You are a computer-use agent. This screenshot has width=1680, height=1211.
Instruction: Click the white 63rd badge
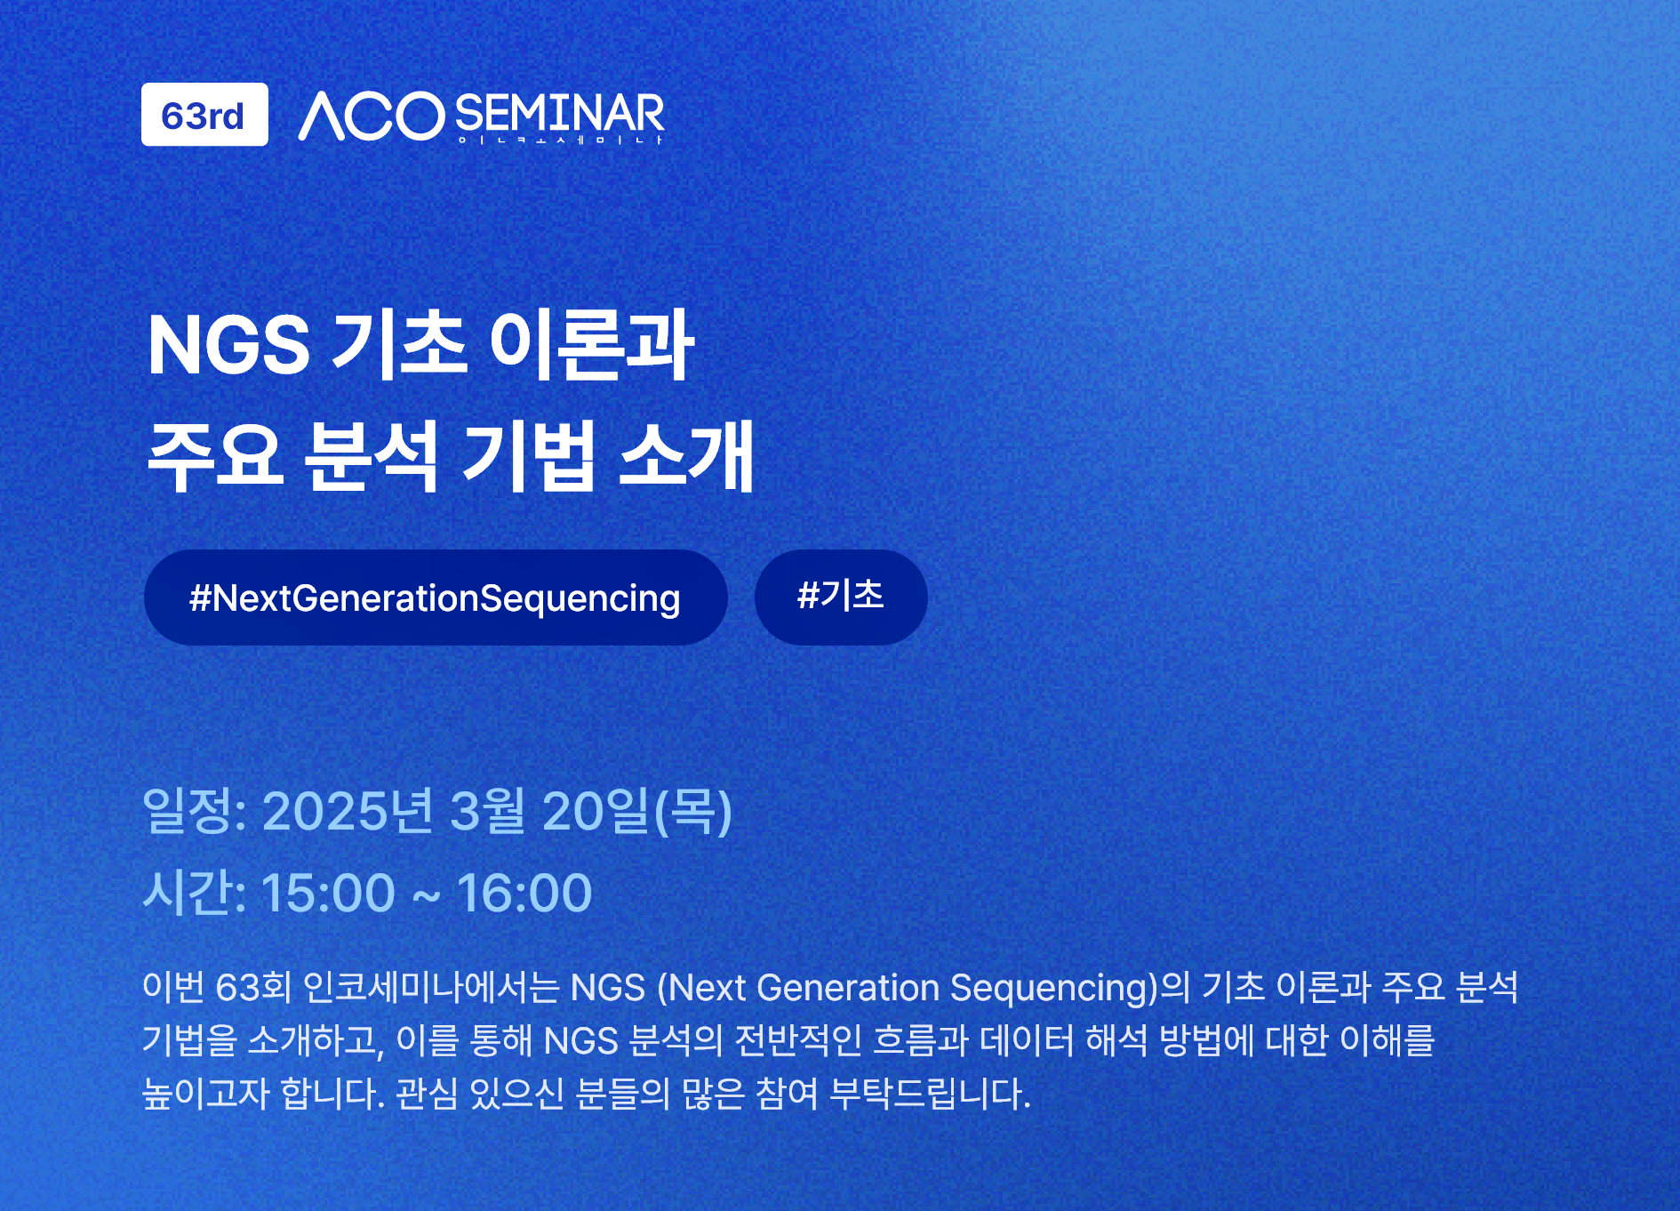point(204,115)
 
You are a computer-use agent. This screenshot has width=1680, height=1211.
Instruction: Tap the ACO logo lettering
point(372,116)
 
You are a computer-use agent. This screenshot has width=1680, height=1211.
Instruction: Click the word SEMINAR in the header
point(560,114)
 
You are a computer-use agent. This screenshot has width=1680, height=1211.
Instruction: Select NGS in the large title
point(229,345)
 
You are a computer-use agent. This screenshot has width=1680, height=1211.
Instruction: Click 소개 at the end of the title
point(686,456)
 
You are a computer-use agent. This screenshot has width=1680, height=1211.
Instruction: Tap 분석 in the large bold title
point(372,456)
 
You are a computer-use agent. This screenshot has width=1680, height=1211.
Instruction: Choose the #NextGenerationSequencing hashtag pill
point(436,597)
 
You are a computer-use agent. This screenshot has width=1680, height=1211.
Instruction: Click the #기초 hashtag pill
point(841,597)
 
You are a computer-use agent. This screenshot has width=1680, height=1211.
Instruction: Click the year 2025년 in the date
point(348,811)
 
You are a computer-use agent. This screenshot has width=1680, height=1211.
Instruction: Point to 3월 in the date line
point(488,811)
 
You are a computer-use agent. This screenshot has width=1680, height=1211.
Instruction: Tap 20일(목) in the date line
point(637,812)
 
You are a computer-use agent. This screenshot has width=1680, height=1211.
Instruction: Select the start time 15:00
point(328,893)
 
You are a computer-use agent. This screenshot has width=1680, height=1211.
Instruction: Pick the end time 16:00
point(524,893)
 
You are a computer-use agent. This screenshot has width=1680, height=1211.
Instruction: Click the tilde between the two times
point(427,895)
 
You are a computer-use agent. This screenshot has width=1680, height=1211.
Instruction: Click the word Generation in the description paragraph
point(848,988)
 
